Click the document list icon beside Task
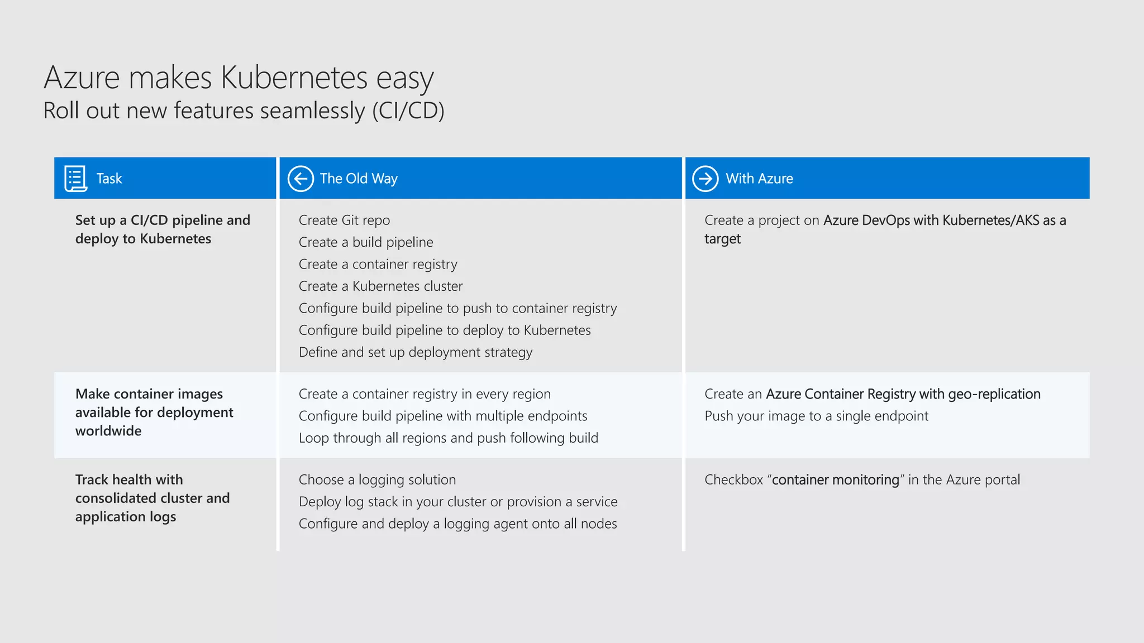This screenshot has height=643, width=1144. (x=75, y=179)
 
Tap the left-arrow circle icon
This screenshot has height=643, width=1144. (x=301, y=179)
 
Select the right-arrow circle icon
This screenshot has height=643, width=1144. (x=706, y=179)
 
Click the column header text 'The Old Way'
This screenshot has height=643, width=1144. (x=359, y=179)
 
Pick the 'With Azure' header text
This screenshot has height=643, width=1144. (x=759, y=179)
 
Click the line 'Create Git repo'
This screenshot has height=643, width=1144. (x=344, y=220)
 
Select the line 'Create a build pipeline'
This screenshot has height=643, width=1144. (x=366, y=242)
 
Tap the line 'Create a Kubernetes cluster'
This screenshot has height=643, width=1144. (x=380, y=286)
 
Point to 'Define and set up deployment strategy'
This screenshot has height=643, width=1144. (x=416, y=352)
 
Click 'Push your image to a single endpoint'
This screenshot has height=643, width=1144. (x=816, y=416)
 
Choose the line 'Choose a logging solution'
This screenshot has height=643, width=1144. (x=377, y=480)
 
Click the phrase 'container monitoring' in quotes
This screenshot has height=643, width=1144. (x=835, y=480)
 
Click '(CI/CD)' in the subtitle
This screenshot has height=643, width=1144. (x=408, y=111)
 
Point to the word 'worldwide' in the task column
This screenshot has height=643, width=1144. (x=108, y=431)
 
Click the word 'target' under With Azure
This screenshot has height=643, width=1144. (x=722, y=239)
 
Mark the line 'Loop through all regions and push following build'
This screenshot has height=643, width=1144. (x=448, y=438)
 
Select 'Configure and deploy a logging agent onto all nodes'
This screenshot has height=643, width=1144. (x=457, y=524)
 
